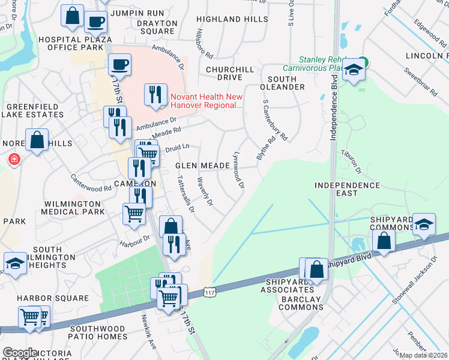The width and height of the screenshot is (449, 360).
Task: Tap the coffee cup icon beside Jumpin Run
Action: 95,22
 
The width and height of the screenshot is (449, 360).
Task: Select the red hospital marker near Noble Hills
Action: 13,160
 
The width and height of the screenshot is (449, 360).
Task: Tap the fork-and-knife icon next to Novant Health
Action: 155,94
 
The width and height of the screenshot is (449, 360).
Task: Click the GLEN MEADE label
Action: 202,166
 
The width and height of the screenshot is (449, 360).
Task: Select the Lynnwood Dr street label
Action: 238,170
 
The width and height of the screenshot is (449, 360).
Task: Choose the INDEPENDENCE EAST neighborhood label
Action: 348,190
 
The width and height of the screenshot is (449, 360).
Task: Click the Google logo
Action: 20,352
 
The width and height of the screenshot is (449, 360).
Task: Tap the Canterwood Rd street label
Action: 91,184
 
